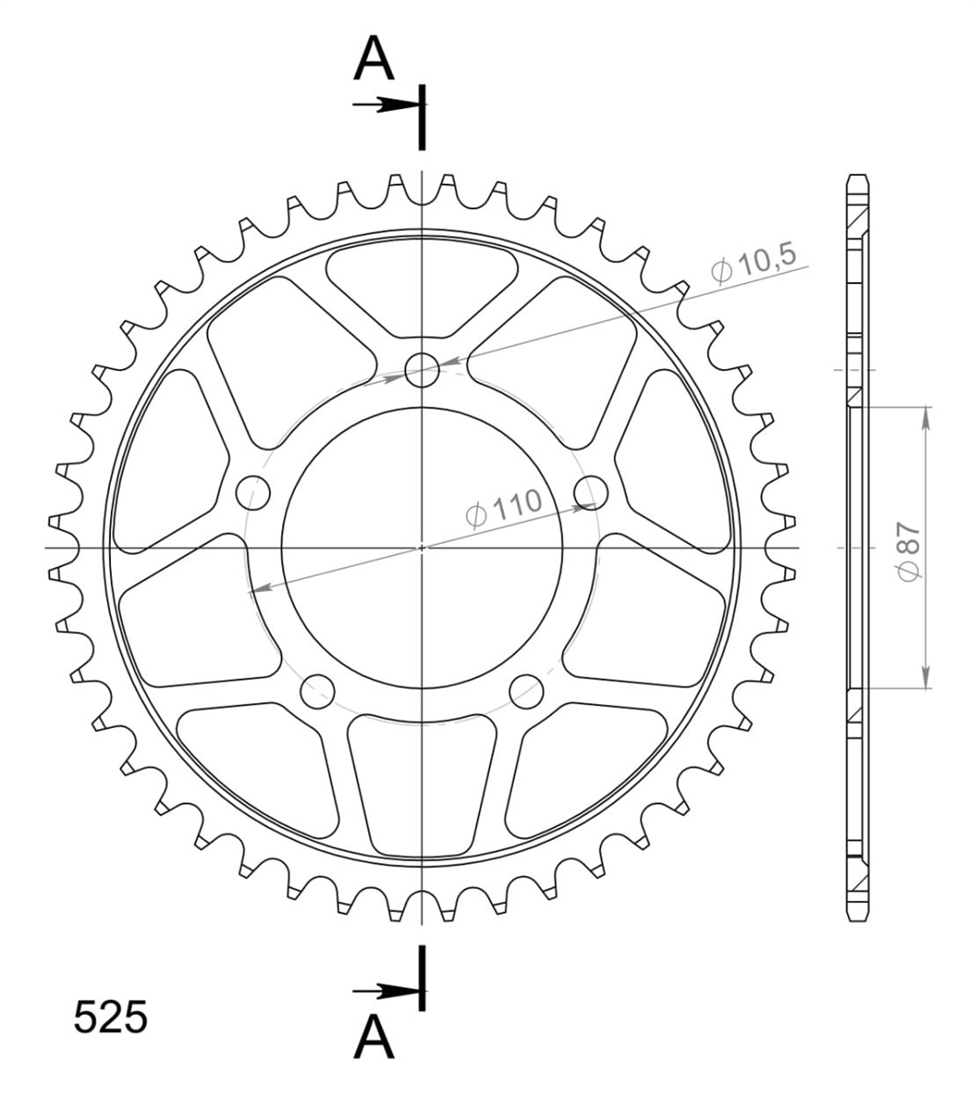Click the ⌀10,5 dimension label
(x=754, y=264)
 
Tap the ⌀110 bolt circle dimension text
(x=504, y=507)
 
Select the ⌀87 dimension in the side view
(x=910, y=551)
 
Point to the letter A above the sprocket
(x=374, y=58)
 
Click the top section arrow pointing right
(x=385, y=104)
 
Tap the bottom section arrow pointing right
(x=385, y=992)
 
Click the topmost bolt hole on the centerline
(x=422, y=370)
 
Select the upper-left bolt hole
(x=253, y=493)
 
